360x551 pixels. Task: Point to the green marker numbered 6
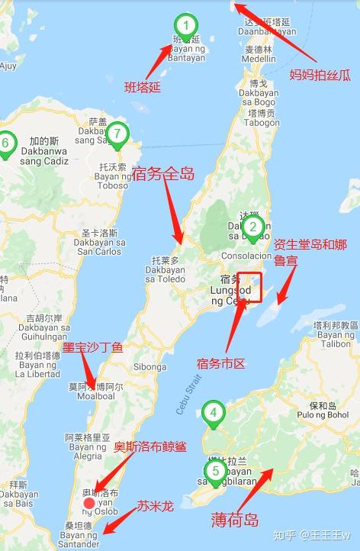coord(6,143)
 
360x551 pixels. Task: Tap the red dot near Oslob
coord(89,502)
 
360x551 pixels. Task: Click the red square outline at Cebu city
coord(249,286)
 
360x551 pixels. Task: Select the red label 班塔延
coord(143,87)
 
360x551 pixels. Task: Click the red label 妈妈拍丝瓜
coord(320,75)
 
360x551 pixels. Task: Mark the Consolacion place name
coord(246,256)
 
